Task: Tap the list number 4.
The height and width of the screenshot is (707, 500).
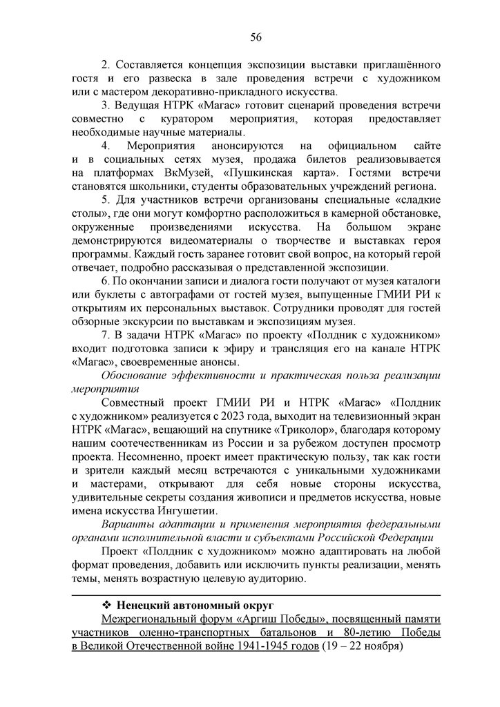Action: pyautogui.click(x=106, y=146)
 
